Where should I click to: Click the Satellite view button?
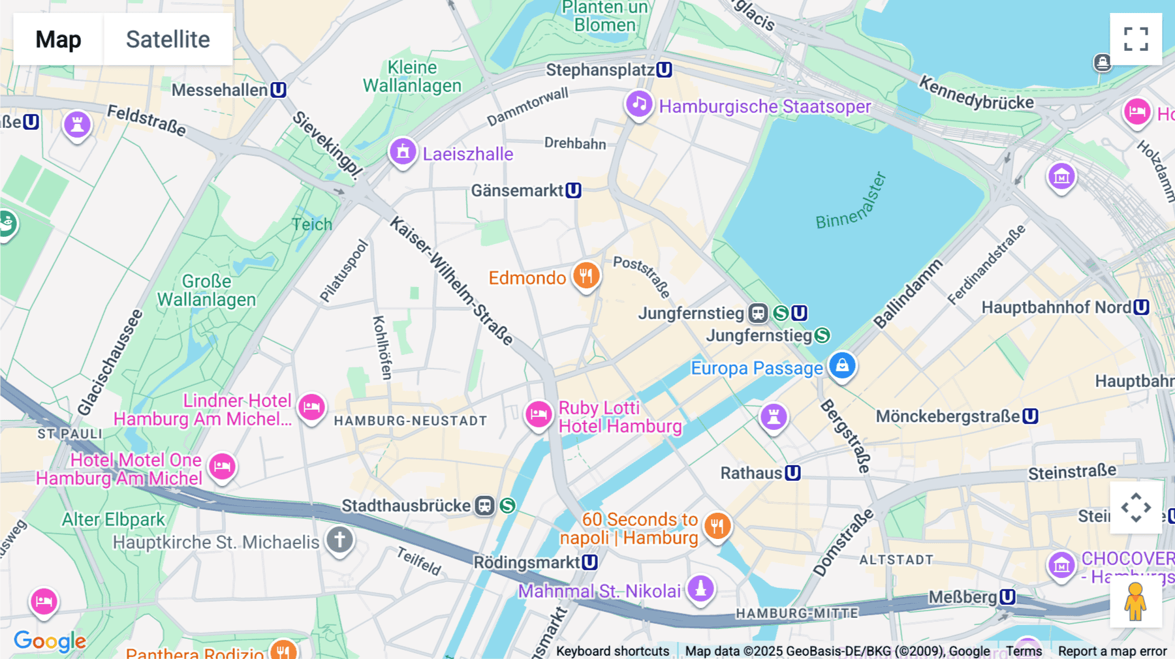click(x=168, y=39)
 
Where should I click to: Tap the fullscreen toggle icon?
click(x=1136, y=39)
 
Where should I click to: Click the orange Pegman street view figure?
click(x=1136, y=602)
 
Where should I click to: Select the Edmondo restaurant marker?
click(x=586, y=276)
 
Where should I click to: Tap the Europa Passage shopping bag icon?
click(x=842, y=365)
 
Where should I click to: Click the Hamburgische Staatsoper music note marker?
click(x=639, y=104)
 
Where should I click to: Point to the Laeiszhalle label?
click(x=467, y=154)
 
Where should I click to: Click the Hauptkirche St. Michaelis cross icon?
click(x=339, y=540)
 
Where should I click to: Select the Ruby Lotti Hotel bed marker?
click(x=539, y=414)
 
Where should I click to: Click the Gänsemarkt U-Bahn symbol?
click(x=573, y=191)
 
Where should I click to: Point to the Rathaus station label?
click(x=751, y=473)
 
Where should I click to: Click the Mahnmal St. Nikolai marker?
click(x=700, y=589)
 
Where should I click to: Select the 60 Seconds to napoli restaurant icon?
click(x=717, y=526)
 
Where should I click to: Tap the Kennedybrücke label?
click(x=976, y=93)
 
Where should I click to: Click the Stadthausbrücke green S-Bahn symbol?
click(x=508, y=506)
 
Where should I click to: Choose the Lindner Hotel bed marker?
click(x=311, y=408)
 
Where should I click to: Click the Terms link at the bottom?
click(x=1024, y=651)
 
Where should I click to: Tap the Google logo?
click(x=50, y=641)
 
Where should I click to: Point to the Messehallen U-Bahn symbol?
click(x=279, y=90)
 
